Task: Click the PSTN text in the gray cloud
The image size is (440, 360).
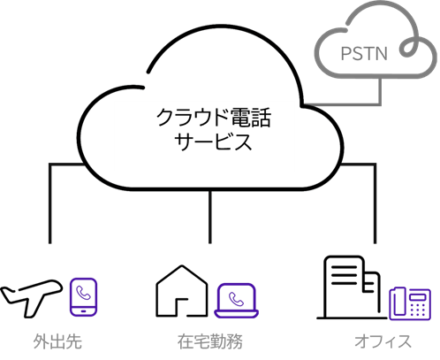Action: point(364,53)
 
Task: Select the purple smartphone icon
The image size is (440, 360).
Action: point(83,297)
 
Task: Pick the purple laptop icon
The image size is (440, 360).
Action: point(236,301)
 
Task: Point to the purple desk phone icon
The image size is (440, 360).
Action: point(410,303)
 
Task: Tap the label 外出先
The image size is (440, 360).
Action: point(57,341)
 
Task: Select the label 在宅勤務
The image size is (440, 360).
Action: point(210,341)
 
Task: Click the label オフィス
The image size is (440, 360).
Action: point(383,341)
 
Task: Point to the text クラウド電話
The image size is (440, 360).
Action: point(214,118)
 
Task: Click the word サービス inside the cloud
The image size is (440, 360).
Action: point(213,142)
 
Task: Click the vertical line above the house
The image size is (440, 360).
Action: point(210,217)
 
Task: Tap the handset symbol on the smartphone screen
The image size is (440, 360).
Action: point(83,293)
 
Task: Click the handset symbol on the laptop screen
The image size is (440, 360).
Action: point(236,299)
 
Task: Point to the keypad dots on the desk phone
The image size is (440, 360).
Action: point(418,309)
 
